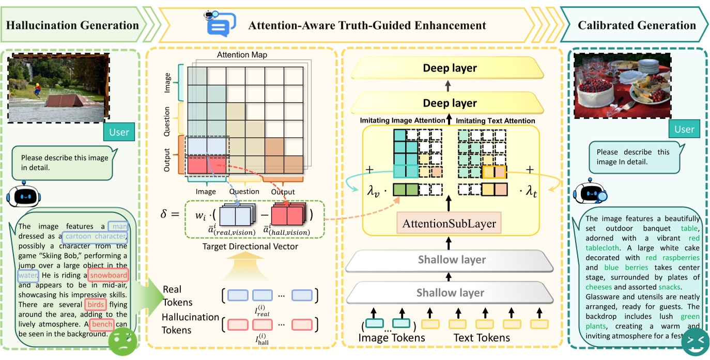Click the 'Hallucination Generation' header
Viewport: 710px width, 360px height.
coord(72,25)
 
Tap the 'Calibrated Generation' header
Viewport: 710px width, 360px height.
coord(637,25)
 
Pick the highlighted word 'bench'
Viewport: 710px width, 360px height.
coord(101,324)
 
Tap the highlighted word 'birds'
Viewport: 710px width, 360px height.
coord(96,304)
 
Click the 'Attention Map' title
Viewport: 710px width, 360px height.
coord(242,55)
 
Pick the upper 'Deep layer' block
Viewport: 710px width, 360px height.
coord(450,68)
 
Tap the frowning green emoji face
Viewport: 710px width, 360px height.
coord(122,341)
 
